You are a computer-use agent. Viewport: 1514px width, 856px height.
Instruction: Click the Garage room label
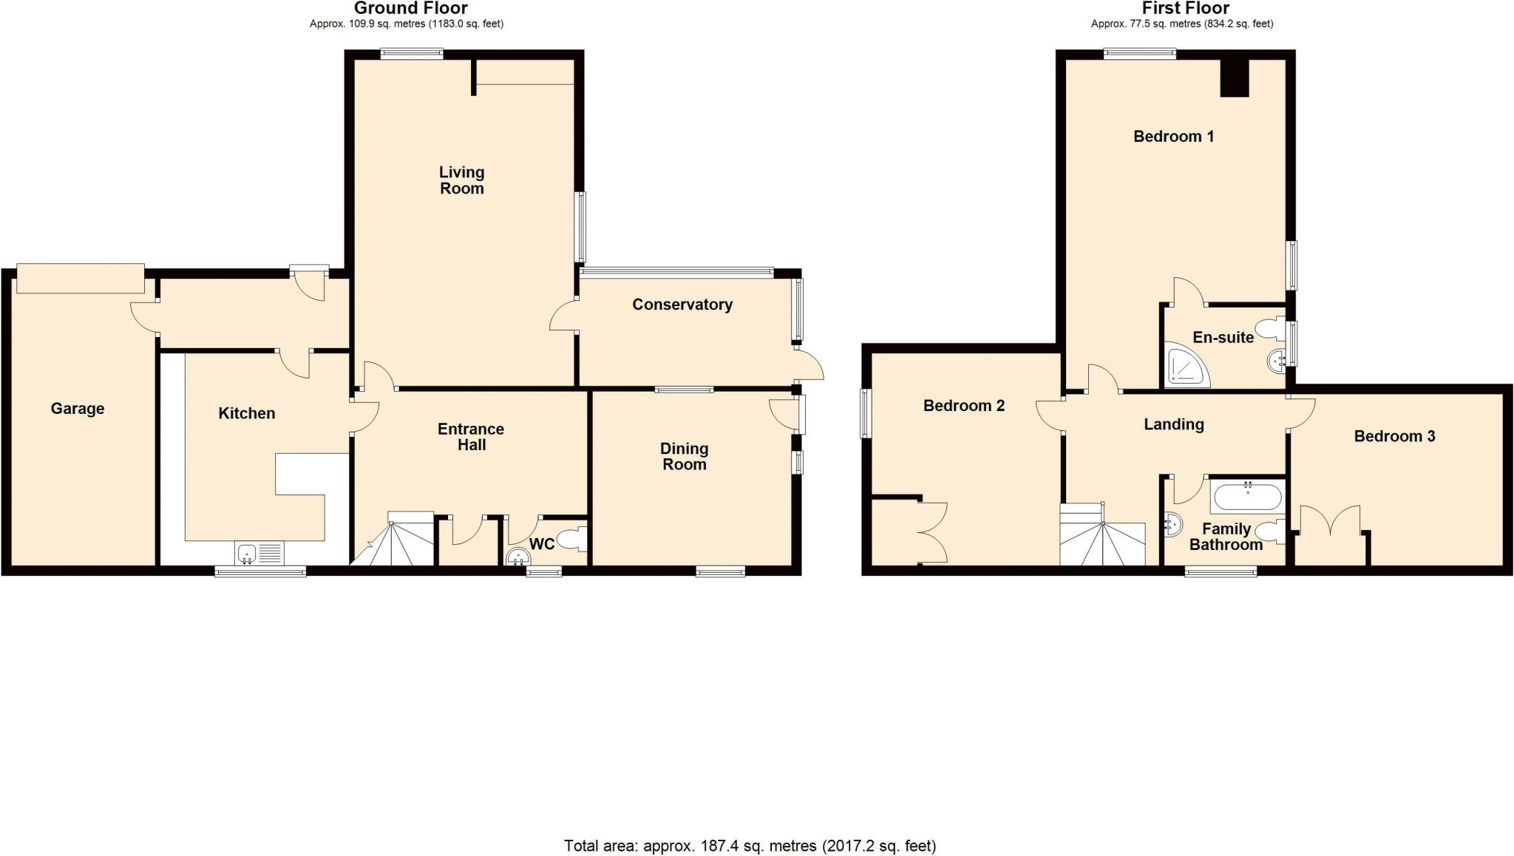click(78, 409)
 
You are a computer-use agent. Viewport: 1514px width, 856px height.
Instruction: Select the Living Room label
click(461, 180)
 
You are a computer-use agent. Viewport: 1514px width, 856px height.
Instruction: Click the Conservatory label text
click(682, 305)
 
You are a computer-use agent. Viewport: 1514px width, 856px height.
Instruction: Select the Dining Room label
click(684, 456)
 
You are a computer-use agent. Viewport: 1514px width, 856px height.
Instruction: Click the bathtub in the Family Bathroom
click(1248, 497)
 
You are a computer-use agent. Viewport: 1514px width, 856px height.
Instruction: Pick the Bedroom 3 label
click(1394, 436)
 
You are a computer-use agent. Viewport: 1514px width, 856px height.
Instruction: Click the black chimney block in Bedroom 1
click(1234, 78)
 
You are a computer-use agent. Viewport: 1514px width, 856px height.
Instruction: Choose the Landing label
click(1173, 424)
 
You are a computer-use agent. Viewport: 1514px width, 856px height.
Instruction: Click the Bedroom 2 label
click(963, 405)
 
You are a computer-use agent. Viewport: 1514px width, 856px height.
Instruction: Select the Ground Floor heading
click(410, 8)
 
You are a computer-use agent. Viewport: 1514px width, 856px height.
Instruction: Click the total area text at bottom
click(750, 846)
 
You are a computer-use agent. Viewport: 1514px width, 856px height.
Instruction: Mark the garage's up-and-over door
click(81, 278)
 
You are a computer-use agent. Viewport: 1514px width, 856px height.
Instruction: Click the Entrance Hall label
click(471, 437)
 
